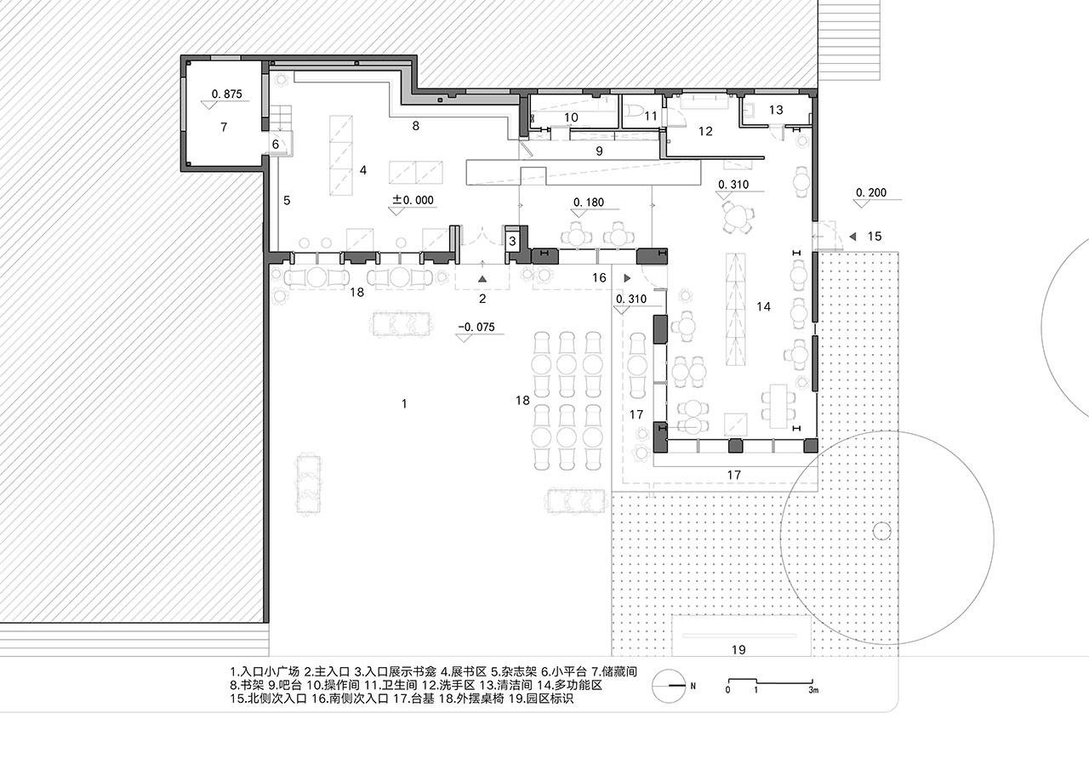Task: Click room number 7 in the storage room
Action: point(224,128)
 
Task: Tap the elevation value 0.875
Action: point(226,94)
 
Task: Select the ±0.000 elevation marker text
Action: point(413,200)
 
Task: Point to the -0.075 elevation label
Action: point(476,328)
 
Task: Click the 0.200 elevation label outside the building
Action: point(871,192)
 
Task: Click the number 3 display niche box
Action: point(512,240)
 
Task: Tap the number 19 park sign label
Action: point(738,649)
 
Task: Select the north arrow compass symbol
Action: point(669,686)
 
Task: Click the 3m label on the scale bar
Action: point(813,690)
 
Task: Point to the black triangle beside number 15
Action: point(852,237)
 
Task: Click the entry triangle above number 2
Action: point(482,279)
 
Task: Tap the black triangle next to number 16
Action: point(627,278)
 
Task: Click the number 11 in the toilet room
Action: point(651,116)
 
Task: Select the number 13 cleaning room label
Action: point(776,110)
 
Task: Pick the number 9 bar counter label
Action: point(599,151)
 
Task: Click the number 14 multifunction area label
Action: point(763,307)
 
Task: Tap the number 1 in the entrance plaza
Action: point(404,403)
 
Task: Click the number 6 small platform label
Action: point(276,144)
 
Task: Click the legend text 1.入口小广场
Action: point(265,672)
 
